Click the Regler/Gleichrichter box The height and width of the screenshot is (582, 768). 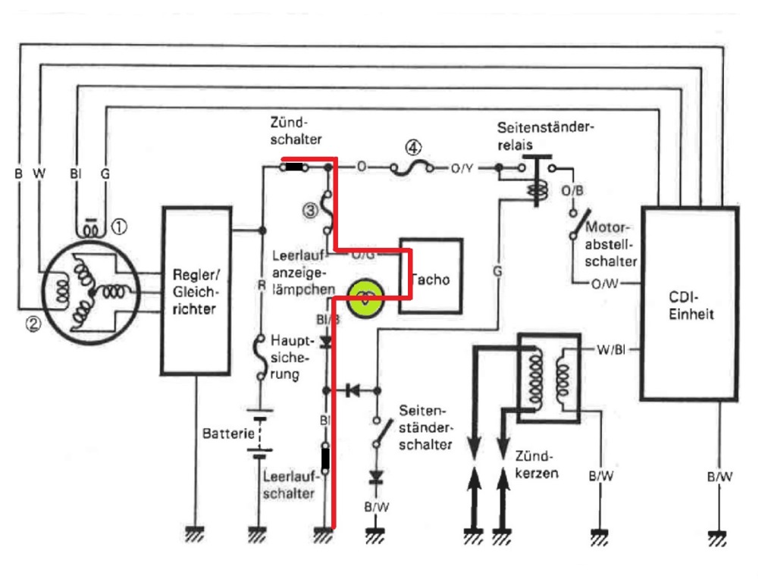196,289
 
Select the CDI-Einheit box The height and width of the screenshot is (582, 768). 689,303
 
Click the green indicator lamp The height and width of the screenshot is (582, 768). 365,298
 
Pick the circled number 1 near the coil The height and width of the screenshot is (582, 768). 119,225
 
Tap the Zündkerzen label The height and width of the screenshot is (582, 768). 536,464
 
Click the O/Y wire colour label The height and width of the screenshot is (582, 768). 461,168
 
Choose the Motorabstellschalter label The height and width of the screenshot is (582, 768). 610,241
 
